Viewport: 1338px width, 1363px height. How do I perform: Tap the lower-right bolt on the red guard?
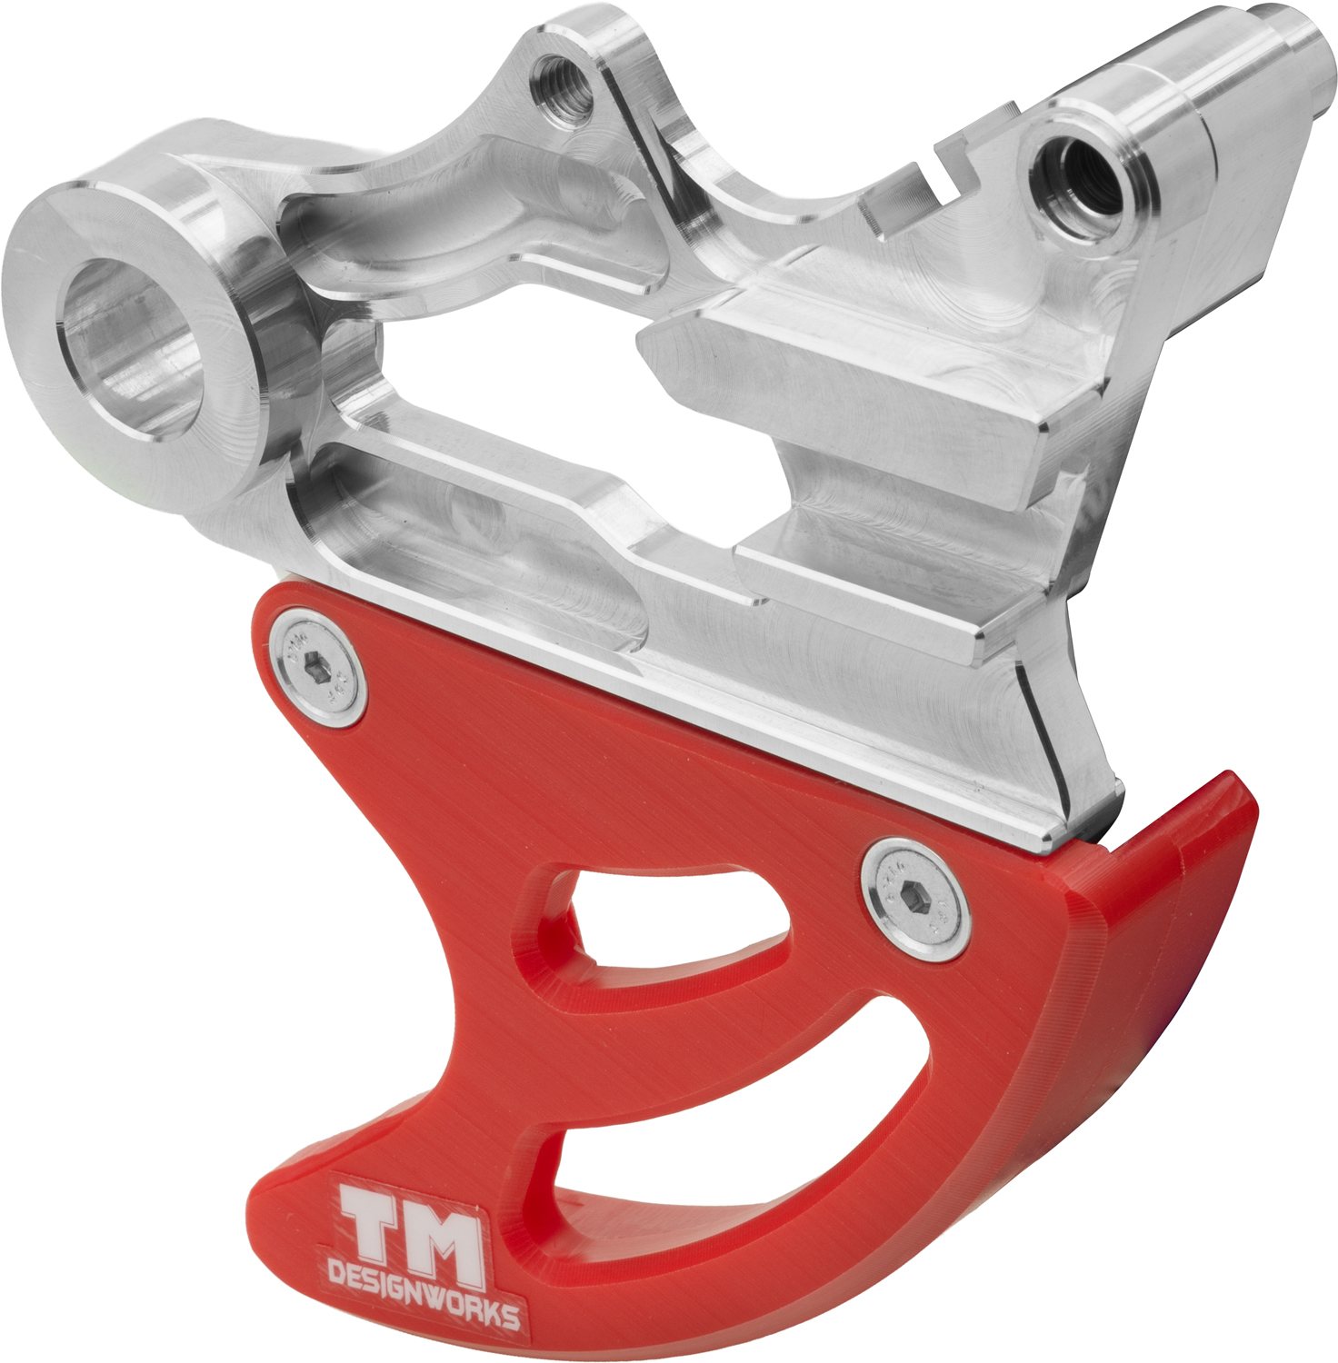point(915,899)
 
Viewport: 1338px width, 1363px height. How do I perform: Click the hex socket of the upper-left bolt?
point(315,666)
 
